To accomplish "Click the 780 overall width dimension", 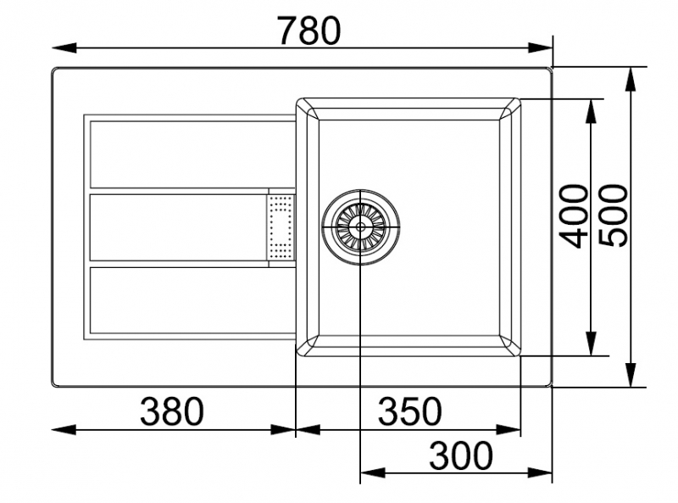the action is (308, 31).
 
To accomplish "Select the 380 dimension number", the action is (172, 411).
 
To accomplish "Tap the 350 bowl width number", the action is (410, 411).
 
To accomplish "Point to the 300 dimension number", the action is (461, 455).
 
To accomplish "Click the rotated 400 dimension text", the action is (574, 216).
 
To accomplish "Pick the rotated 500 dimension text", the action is (613, 215).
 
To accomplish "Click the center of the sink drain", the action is (360, 226).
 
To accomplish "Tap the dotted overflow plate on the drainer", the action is (281, 226).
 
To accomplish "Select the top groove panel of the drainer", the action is (192, 154).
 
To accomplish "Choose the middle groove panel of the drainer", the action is (179, 227).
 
